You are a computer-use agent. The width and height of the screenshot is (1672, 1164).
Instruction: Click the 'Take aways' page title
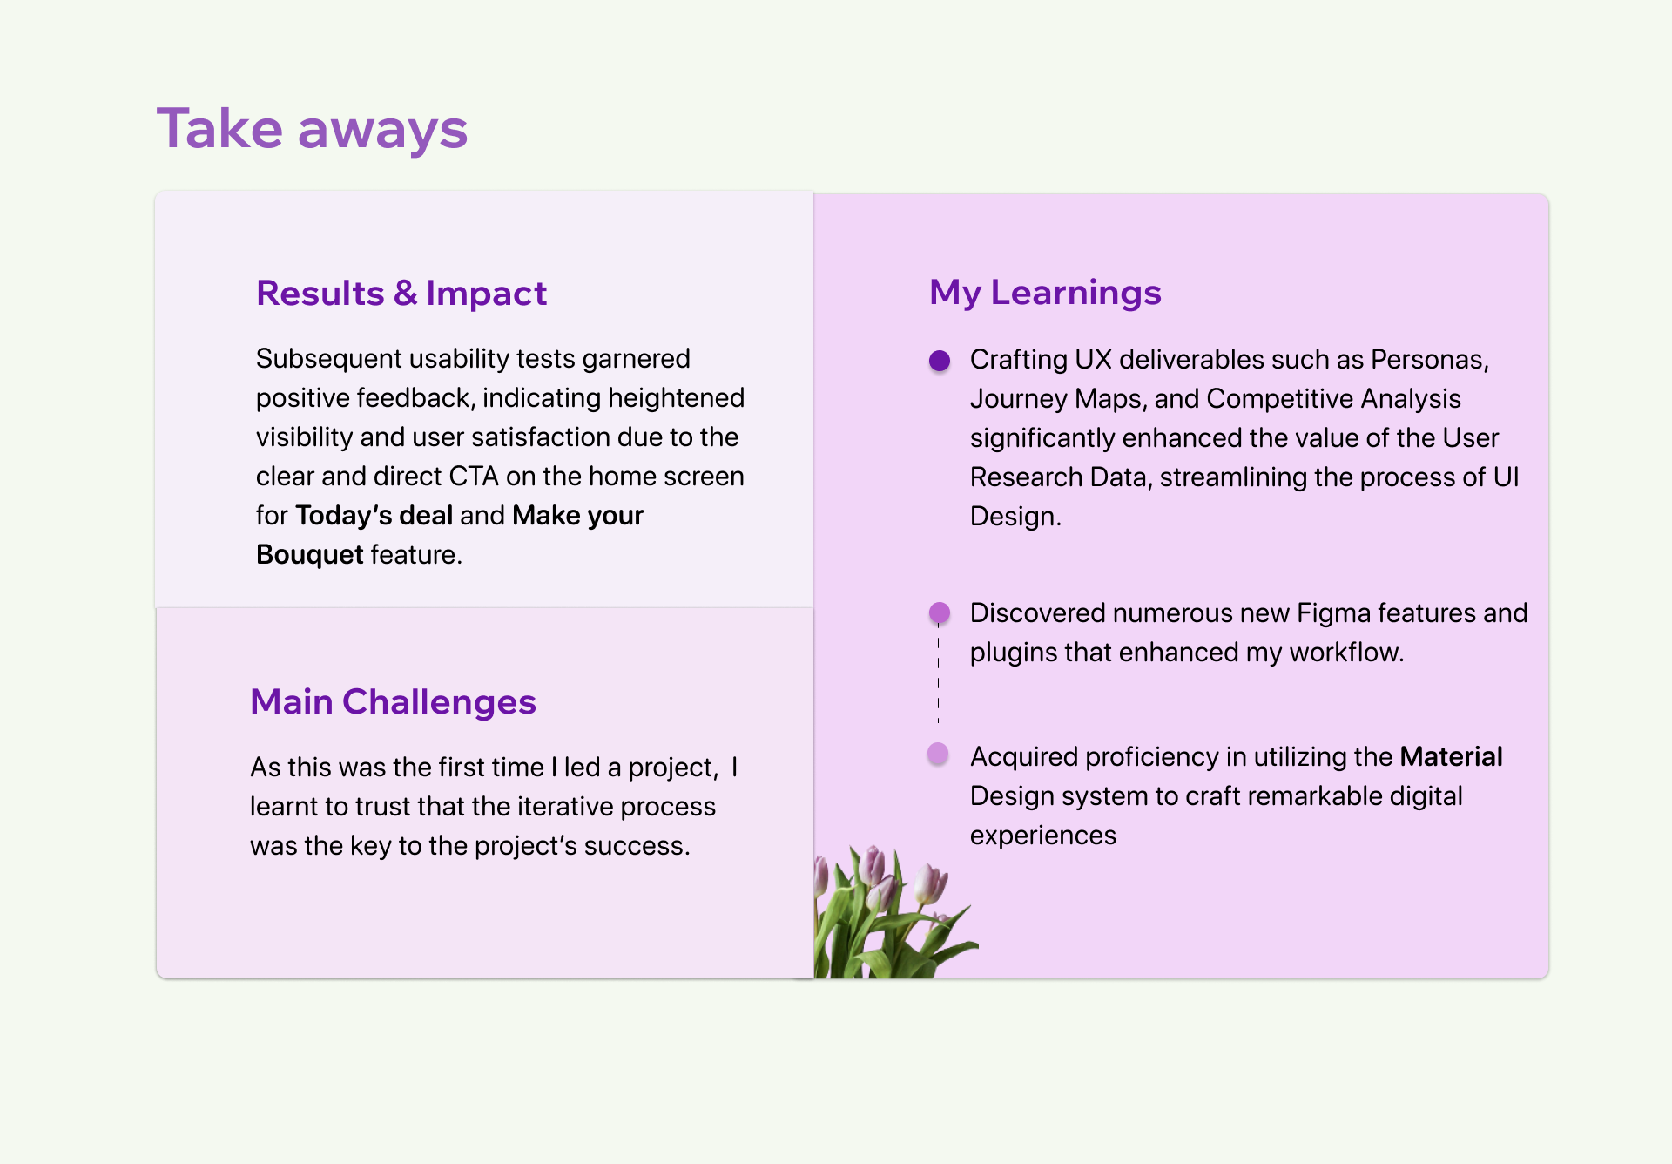click(312, 129)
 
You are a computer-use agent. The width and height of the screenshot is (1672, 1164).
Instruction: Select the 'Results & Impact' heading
click(401, 293)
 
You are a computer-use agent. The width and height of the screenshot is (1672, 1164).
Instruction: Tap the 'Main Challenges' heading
click(393, 701)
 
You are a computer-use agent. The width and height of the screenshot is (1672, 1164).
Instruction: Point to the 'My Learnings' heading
click(1045, 293)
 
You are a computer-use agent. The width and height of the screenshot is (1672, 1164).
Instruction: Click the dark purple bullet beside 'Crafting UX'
click(940, 361)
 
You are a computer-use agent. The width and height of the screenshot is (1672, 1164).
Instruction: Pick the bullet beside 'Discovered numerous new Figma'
click(940, 612)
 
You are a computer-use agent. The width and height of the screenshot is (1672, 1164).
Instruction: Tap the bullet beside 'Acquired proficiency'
click(938, 754)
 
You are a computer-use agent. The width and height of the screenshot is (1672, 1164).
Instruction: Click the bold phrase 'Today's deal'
click(374, 516)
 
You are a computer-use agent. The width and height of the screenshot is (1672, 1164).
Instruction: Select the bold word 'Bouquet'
click(309, 555)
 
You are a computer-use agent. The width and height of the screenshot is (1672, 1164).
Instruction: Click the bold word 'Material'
click(1451, 756)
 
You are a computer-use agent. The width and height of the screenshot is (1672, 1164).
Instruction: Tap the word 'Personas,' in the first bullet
click(1430, 360)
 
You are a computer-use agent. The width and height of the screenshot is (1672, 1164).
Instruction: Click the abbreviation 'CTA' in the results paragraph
click(474, 477)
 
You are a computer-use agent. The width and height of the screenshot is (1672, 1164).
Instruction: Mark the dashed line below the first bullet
click(940, 482)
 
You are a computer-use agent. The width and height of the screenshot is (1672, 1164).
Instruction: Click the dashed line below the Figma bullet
click(939, 674)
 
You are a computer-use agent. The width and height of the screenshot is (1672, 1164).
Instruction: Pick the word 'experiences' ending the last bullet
click(1043, 836)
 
